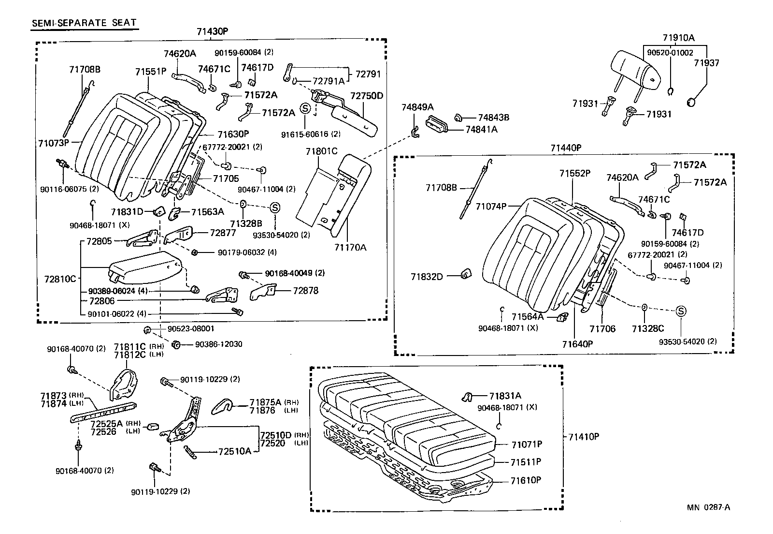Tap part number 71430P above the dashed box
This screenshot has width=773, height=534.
(x=212, y=31)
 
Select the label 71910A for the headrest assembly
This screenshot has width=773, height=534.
(x=678, y=38)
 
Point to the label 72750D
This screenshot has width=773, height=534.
(x=366, y=96)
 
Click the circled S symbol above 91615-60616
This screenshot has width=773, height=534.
(x=305, y=108)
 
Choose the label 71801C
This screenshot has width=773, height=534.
(x=321, y=151)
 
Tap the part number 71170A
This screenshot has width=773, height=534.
(x=350, y=248)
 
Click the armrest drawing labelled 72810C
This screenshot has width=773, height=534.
(x=145, y=268)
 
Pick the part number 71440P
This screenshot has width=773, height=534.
(x=565, y=148)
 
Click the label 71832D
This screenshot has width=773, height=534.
(x=427, y=277)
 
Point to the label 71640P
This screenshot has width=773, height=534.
(x=577, y=344)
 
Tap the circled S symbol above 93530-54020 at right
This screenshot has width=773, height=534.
(x=680, y=311)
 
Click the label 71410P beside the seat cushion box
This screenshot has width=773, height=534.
(x=583, y=437)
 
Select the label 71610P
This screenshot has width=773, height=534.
(x=526, y=480)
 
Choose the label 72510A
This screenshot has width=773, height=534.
(x=234, y=452)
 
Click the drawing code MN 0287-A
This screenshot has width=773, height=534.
(x=709, y=507)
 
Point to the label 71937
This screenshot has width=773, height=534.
(x=706, y=63)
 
